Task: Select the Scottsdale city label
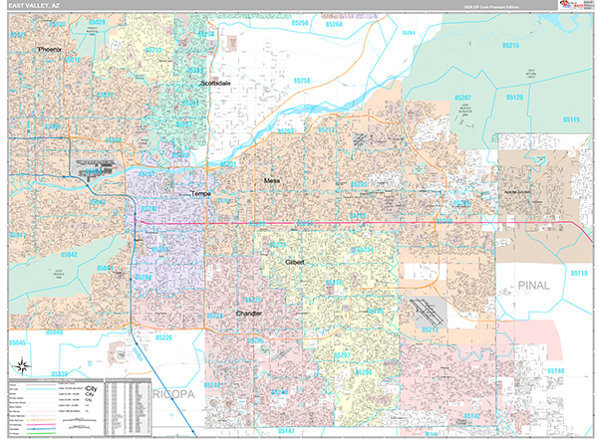point(217,84)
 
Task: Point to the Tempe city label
point(200,193)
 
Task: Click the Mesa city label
point(272,180)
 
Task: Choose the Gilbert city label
point(295,262)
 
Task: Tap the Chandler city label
point(248,313)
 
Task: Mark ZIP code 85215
point(511,46)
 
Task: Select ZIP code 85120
point(514,98)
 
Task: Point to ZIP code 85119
point(570,119)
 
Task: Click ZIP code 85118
point(580,272)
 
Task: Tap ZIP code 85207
point(462,98)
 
